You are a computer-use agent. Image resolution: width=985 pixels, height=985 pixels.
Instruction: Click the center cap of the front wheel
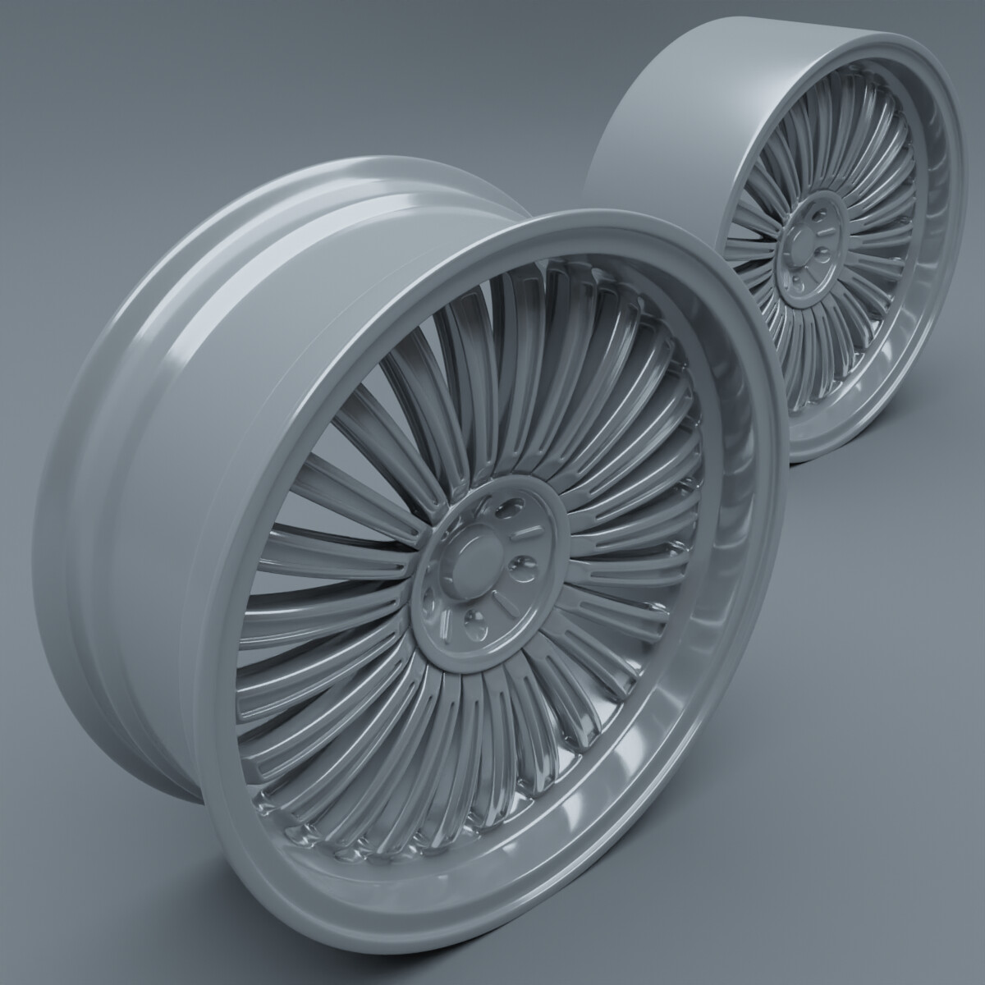click(x=474, y=563)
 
